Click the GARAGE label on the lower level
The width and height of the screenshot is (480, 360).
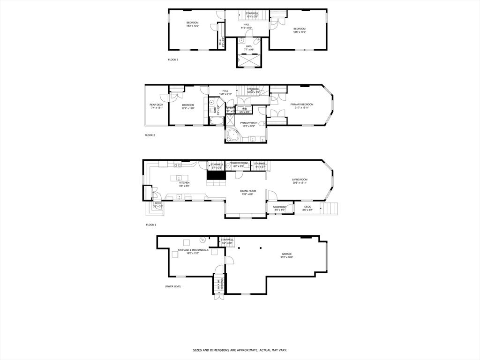coord(286,254)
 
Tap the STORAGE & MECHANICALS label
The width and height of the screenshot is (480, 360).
coord(193,250)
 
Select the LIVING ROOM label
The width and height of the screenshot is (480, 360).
coord(300,180)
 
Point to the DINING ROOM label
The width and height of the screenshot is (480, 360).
coord(248,191)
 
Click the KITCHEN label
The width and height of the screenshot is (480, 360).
coord(184,183)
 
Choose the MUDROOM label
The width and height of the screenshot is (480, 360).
coord(279,207)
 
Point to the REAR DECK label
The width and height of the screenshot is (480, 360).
coord(156,105)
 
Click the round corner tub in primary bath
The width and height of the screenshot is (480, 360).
coord(232,135)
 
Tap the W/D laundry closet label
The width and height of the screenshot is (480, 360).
coord(244,109)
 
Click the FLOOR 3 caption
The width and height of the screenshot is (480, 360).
coord(173,60)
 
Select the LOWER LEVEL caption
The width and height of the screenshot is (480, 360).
coord(173,286)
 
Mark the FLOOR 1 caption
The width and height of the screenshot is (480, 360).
coord(150,225)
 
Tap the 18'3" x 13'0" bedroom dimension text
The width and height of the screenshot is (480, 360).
coord(193,26)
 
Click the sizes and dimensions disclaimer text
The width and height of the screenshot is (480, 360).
coord(240,350)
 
